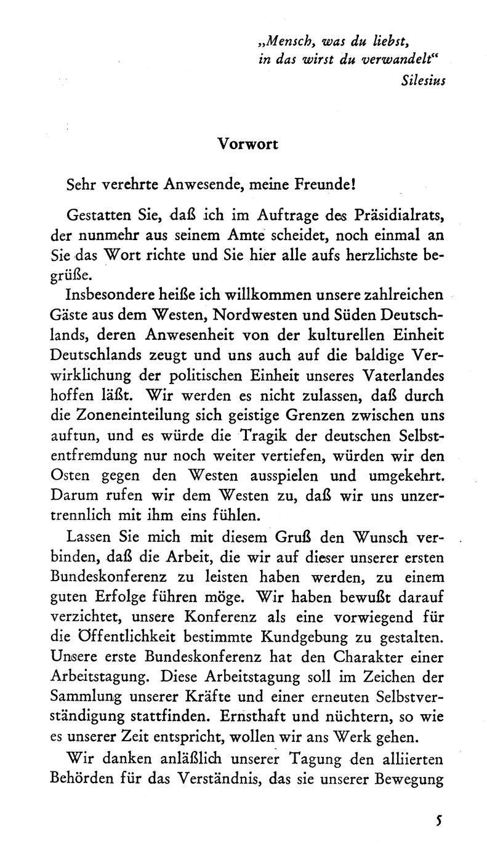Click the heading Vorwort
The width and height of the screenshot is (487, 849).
pos(248,143)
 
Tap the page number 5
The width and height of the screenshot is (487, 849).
pos(438,820)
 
